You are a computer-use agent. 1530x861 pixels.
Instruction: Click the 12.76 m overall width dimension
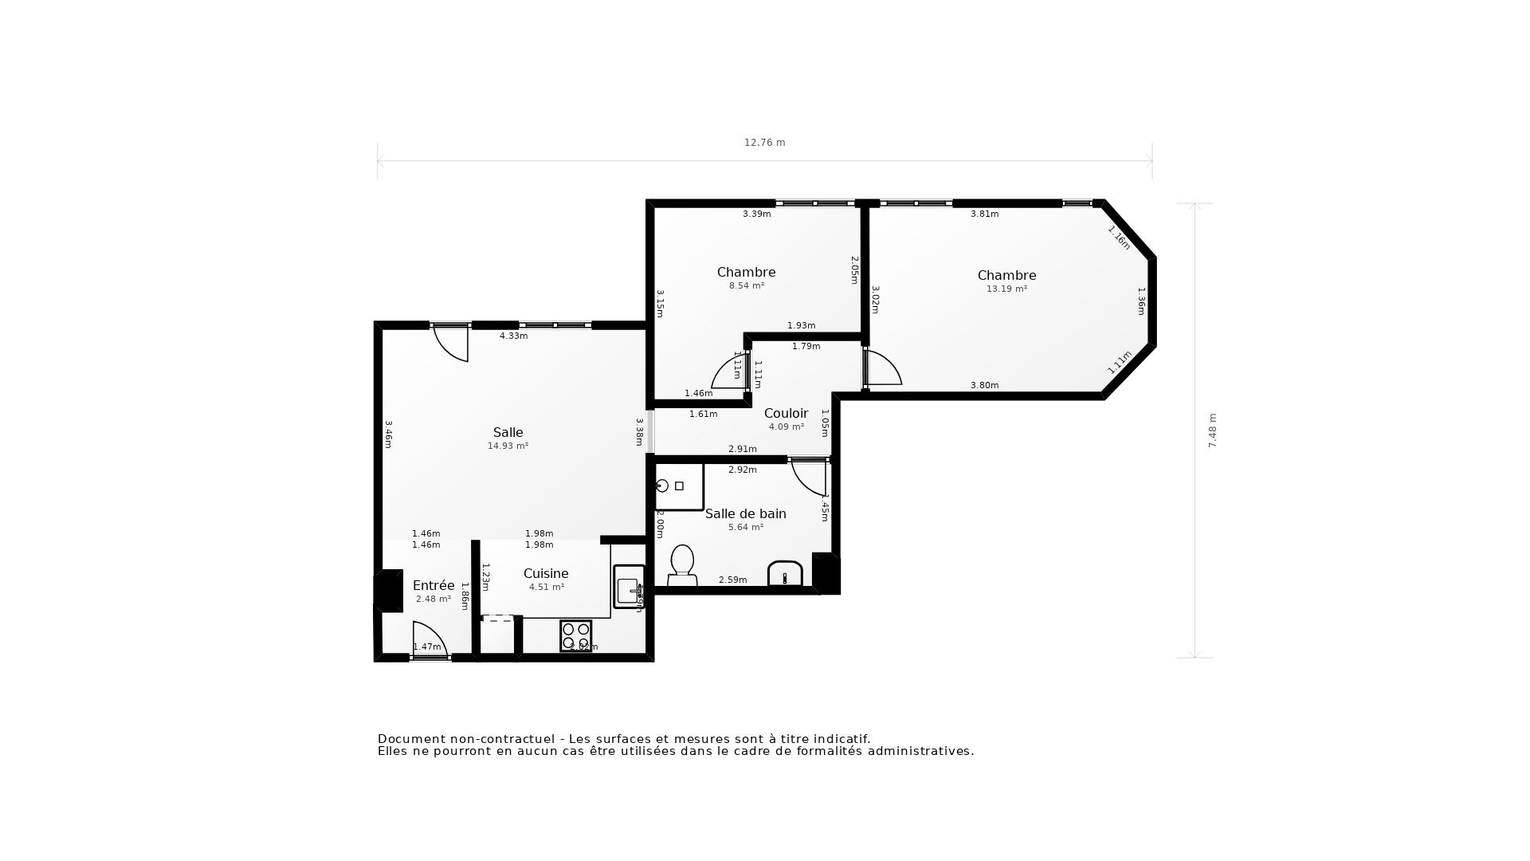click(764, 143)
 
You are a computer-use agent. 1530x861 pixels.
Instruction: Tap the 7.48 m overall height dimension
click(1213, 431)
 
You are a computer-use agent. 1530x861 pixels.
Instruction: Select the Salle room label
click(508, 433)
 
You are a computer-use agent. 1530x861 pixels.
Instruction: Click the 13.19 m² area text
click(1006, 289)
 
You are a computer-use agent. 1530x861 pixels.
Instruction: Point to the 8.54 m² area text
click(746, 285)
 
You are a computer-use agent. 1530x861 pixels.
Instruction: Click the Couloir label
click(786, 413)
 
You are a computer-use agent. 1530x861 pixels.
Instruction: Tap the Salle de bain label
click(745, 514)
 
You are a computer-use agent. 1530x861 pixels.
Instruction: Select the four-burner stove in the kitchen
click(575, 635)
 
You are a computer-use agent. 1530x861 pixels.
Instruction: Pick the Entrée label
click(433, 585)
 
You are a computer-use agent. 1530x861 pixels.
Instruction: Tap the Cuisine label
click(546, 573)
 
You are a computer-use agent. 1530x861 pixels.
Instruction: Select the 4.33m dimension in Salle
click(513, 336)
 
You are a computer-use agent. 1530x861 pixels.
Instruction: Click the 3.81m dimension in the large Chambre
click(984, 214)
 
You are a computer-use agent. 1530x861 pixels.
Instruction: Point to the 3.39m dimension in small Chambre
click(756, 214)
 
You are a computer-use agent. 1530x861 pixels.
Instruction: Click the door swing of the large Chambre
click(883, 368)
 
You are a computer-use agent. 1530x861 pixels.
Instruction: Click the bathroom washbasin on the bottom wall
click(785, 574)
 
